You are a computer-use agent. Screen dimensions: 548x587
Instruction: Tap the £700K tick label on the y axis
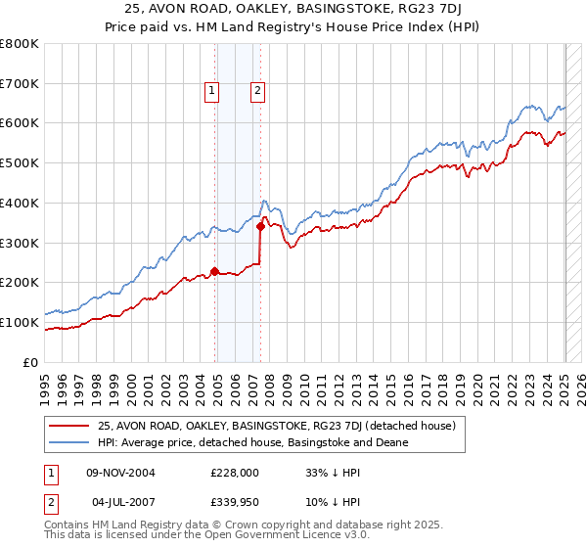click(21, 84)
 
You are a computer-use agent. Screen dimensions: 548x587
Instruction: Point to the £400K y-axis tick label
click(21, 204)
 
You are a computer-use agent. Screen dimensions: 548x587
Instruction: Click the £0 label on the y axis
click(31, 362)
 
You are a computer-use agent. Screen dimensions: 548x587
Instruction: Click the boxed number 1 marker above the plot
click(211, 91)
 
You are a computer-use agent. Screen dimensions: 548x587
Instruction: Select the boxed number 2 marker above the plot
click(257, 91)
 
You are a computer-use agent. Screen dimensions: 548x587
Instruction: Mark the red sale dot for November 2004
click(214, 272)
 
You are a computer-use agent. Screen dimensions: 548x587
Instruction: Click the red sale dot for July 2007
click(260, 227)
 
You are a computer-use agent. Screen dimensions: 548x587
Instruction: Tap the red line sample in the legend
click(69, 426)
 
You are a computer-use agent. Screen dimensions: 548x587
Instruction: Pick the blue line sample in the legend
click(69, 442)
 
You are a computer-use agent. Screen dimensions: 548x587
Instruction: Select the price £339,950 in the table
click(234, 501)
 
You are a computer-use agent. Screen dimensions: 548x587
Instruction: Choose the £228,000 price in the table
click(234, 472)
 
